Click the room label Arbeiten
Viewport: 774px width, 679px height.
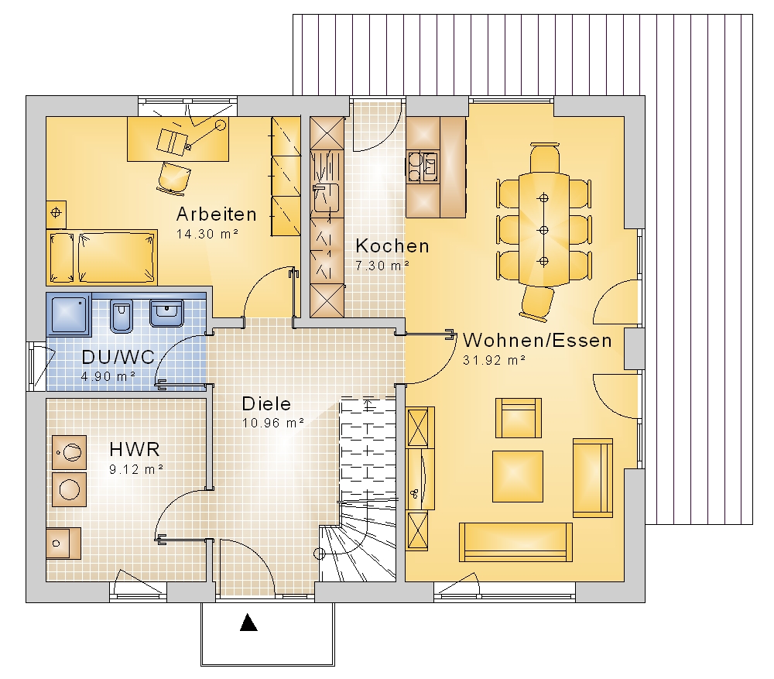217,214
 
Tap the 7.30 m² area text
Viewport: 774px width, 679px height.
382,266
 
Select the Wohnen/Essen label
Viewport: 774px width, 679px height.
538,340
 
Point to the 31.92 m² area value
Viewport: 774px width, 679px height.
494,361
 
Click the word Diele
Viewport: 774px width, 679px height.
266,404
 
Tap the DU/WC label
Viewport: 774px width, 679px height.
118,357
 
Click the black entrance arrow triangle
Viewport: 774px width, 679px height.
248,622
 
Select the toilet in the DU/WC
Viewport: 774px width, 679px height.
121,316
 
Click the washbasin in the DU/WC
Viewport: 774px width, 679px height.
167,314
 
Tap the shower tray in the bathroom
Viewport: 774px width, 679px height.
69,314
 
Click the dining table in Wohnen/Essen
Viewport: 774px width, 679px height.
543,229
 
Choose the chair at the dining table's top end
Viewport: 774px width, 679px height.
544,157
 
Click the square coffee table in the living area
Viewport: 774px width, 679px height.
518,476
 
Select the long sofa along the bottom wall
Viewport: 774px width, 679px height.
515,542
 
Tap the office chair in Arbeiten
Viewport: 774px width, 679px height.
174,177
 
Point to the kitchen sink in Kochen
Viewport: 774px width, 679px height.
327,198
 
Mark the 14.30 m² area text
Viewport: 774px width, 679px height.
207,234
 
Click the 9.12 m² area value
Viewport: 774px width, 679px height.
136,469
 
